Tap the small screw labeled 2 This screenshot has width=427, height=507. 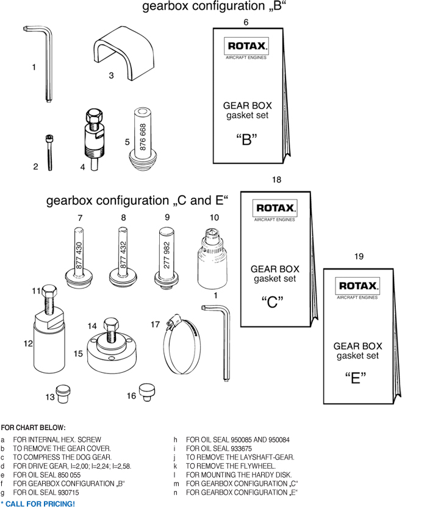49,153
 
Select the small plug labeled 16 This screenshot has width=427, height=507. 146,390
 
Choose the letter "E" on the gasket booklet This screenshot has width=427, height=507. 355,378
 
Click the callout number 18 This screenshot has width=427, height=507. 276,179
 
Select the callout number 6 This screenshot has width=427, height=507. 246,22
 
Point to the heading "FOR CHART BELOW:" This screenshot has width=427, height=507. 33,428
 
